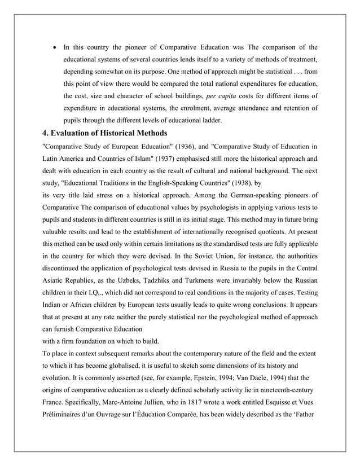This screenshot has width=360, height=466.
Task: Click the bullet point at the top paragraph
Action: click(54, 47)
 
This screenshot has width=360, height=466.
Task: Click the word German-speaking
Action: click(236, 195)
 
